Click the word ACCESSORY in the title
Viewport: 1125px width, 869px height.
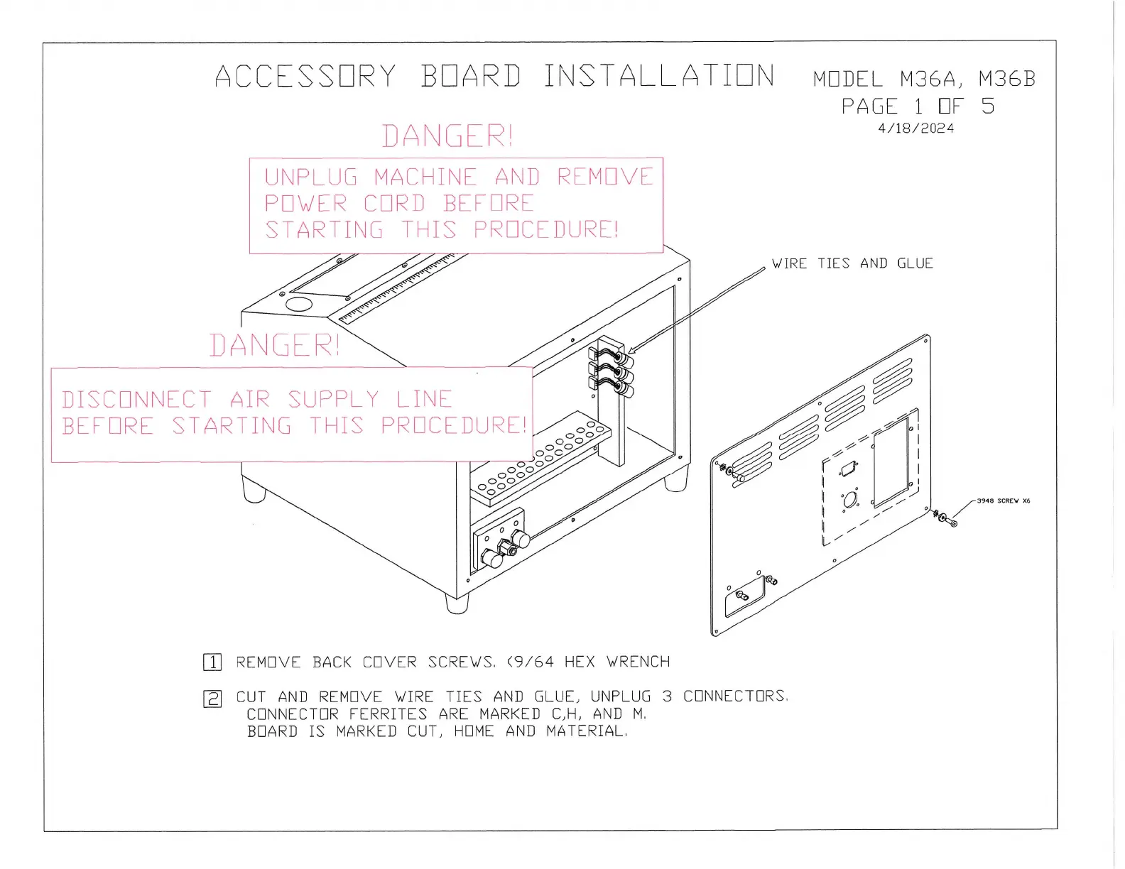coord(305,77)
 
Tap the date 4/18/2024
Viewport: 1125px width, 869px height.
coord(915,129)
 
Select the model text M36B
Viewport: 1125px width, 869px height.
coord(1006,79)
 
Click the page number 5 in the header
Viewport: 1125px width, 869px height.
coord(988,106)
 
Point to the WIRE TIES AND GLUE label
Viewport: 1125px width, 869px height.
coord(852,263)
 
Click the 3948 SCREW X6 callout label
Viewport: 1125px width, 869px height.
coord(1003,501)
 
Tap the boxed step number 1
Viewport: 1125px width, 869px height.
coord(212,662)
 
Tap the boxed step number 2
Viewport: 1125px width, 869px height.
coord(212,699)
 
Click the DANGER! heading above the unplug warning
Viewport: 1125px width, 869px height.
coord(447,136)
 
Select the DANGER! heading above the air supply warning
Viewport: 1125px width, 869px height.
coord(274,346)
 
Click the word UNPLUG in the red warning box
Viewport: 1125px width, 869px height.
coord(311,177)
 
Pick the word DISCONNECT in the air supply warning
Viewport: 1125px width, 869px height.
coord(136,400)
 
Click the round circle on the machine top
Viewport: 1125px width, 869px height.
coord(299,304)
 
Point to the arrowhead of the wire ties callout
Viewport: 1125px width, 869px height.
coord(631,349)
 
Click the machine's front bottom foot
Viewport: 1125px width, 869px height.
coord(457,603)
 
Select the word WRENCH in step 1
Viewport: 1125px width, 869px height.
coord(638,662)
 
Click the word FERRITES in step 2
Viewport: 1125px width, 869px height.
coord(388,714)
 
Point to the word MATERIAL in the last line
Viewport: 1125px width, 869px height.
coord(587,731)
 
